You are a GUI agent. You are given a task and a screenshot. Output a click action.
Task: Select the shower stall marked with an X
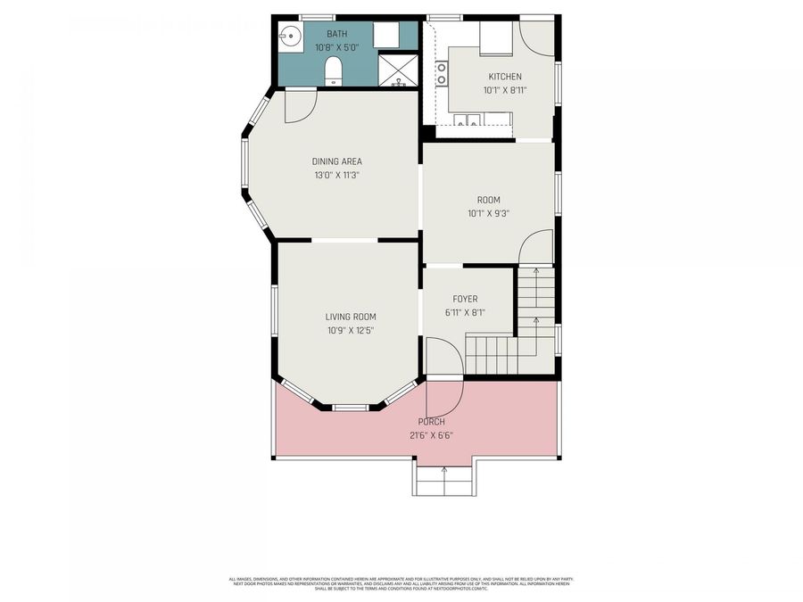coord(398,70)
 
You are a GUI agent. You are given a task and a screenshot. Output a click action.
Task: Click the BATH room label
coord(337,33)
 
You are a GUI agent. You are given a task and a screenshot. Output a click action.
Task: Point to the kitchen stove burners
coord(441,73)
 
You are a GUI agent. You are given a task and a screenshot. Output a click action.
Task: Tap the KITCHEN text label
coord(504,77)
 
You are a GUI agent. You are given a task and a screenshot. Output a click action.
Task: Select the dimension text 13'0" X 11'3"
coord(336,175)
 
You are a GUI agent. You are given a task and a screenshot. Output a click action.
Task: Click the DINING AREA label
coord(336,161)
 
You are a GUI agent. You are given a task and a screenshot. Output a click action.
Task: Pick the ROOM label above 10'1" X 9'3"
coord(488,200)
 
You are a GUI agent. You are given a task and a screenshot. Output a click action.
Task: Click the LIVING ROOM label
coord(350,317)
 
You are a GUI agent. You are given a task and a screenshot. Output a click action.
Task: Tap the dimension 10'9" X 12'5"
coord(350,330)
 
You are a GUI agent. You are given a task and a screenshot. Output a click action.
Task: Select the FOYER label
coord(465,299)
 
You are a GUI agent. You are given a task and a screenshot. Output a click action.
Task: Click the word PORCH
coord(431,422)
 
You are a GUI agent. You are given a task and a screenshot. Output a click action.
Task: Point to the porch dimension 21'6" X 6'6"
coord(431,435)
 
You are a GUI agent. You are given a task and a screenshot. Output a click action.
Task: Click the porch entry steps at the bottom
coord(443,481)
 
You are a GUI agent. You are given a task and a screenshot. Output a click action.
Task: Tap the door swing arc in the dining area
coord(301,107)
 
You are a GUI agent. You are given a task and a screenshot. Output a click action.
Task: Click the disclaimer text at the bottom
coord(401,584)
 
